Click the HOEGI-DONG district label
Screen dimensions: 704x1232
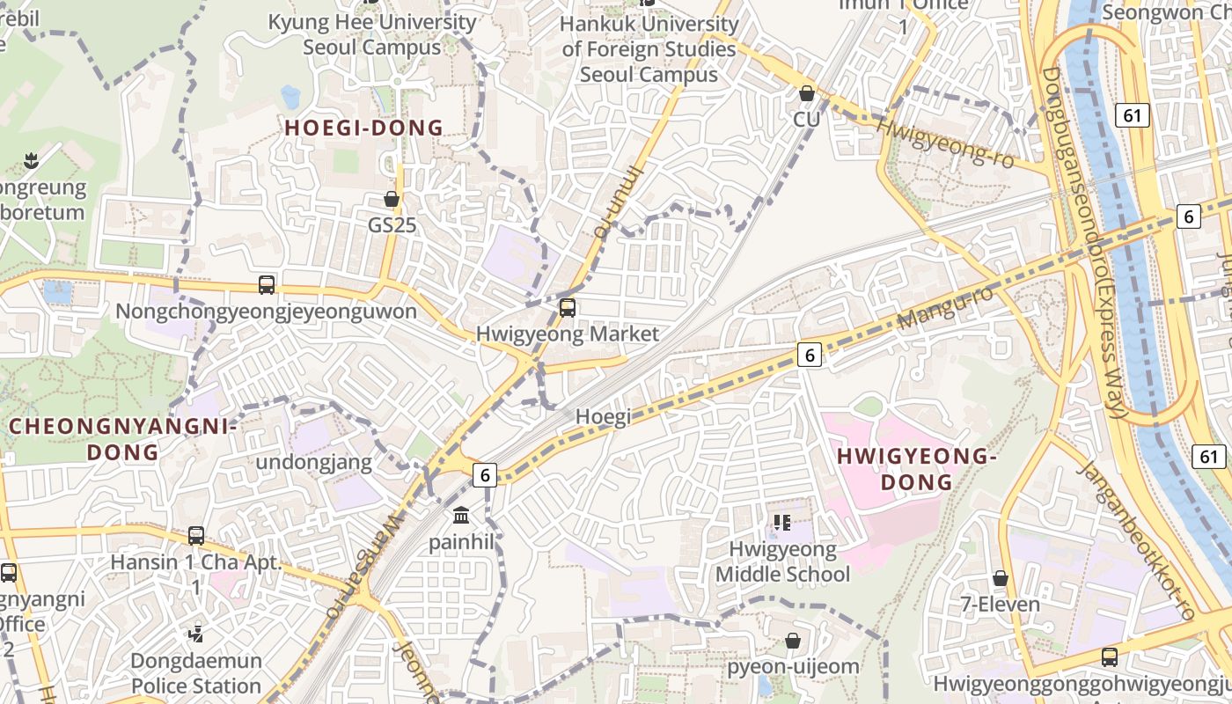(363, 128)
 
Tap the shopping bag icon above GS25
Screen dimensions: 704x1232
(392, 200)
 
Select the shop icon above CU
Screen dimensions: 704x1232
(806, 93)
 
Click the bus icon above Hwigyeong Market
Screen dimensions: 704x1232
(568, 308)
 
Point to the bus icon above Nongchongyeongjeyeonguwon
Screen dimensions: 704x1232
(267, 285)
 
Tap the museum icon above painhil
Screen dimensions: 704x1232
(461, 515)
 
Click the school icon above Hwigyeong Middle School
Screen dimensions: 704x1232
(782, 523)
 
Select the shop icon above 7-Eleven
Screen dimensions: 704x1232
(1000, 578)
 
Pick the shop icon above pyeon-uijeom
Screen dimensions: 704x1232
(793, 641)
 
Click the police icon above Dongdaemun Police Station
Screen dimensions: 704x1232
(196, 633)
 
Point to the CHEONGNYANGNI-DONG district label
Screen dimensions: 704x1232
(123, 439)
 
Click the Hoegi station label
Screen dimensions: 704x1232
(603, 418)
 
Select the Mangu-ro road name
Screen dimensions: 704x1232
(946, 308)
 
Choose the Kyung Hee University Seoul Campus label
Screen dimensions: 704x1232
(371, 34)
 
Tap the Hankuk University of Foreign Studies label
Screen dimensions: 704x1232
(649, 49)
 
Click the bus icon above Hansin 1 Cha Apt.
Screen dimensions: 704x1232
(196, 535)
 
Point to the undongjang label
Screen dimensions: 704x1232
(314, 462)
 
